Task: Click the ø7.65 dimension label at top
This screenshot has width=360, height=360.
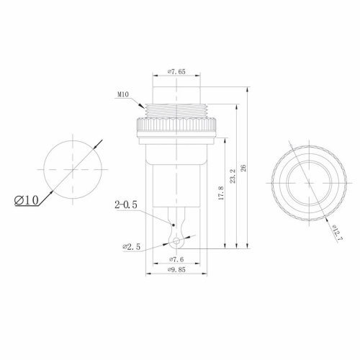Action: click(x=176, y=71)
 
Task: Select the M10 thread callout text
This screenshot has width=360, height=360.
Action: click(x=122, y=92)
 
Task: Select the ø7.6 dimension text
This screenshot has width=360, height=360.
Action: click(x=177, y=259)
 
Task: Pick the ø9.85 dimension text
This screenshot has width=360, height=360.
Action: click(x=177, y=270)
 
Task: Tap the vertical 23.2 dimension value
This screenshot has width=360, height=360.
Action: click(x=232, y=177)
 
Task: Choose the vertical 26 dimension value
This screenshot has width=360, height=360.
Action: click(x=243, y=167)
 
